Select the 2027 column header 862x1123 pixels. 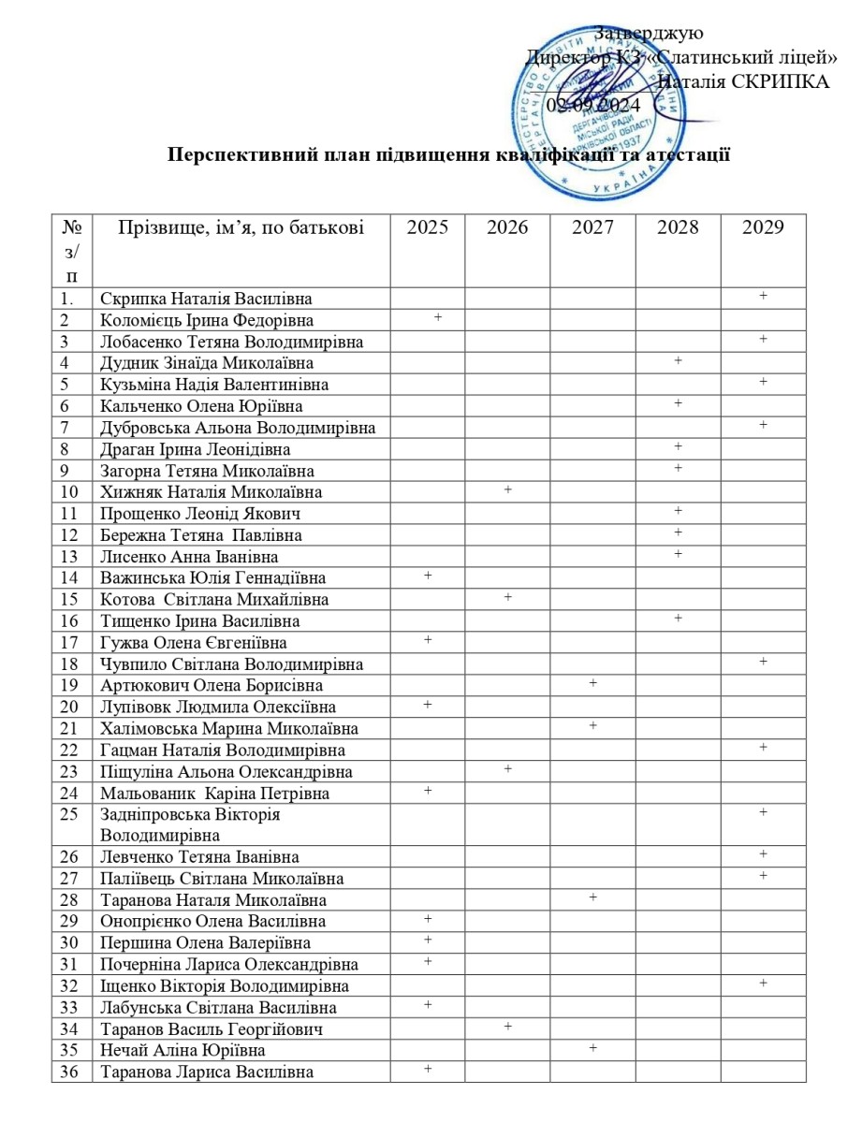tap(592, 226)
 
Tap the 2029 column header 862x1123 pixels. tap(762, 226)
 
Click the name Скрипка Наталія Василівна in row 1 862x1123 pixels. tap(206, 299)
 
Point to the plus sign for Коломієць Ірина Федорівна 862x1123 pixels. tap(438, 318)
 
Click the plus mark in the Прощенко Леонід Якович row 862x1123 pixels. tap(678, 511)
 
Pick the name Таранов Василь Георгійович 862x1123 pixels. tap(212, 1029)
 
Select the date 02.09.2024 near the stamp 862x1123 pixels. tap(593, 104)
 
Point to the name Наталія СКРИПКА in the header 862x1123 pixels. tap(744, 80)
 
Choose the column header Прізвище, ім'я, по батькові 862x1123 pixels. tap(241, 226)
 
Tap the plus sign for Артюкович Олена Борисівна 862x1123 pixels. tap(593, 683)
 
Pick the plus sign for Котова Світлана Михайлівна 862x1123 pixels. tap(508, 597)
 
